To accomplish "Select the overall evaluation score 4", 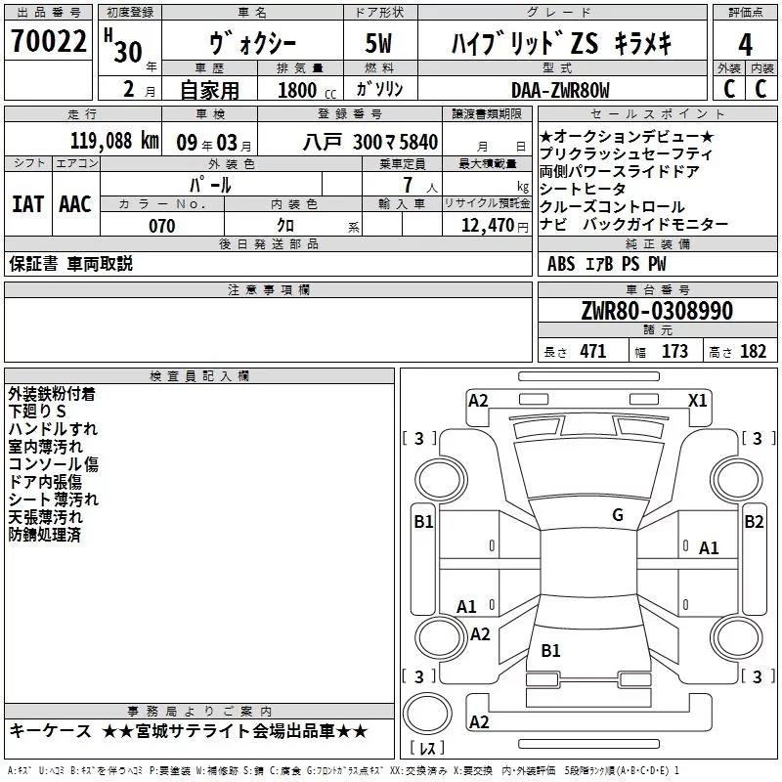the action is point(746,45).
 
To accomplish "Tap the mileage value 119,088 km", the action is point(114,141).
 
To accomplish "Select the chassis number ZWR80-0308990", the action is point(656,312).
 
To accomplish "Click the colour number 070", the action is point(161,226).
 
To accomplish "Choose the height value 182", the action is point(753,352).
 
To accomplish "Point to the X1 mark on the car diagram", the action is point(698,400).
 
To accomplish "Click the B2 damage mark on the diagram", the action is point(754,522).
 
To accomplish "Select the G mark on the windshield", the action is point(618,515).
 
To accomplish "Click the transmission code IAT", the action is point(27,204).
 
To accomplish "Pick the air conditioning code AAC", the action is point(74,204).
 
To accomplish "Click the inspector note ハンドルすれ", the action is point(53,429).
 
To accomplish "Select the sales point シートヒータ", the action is point(582,189).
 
